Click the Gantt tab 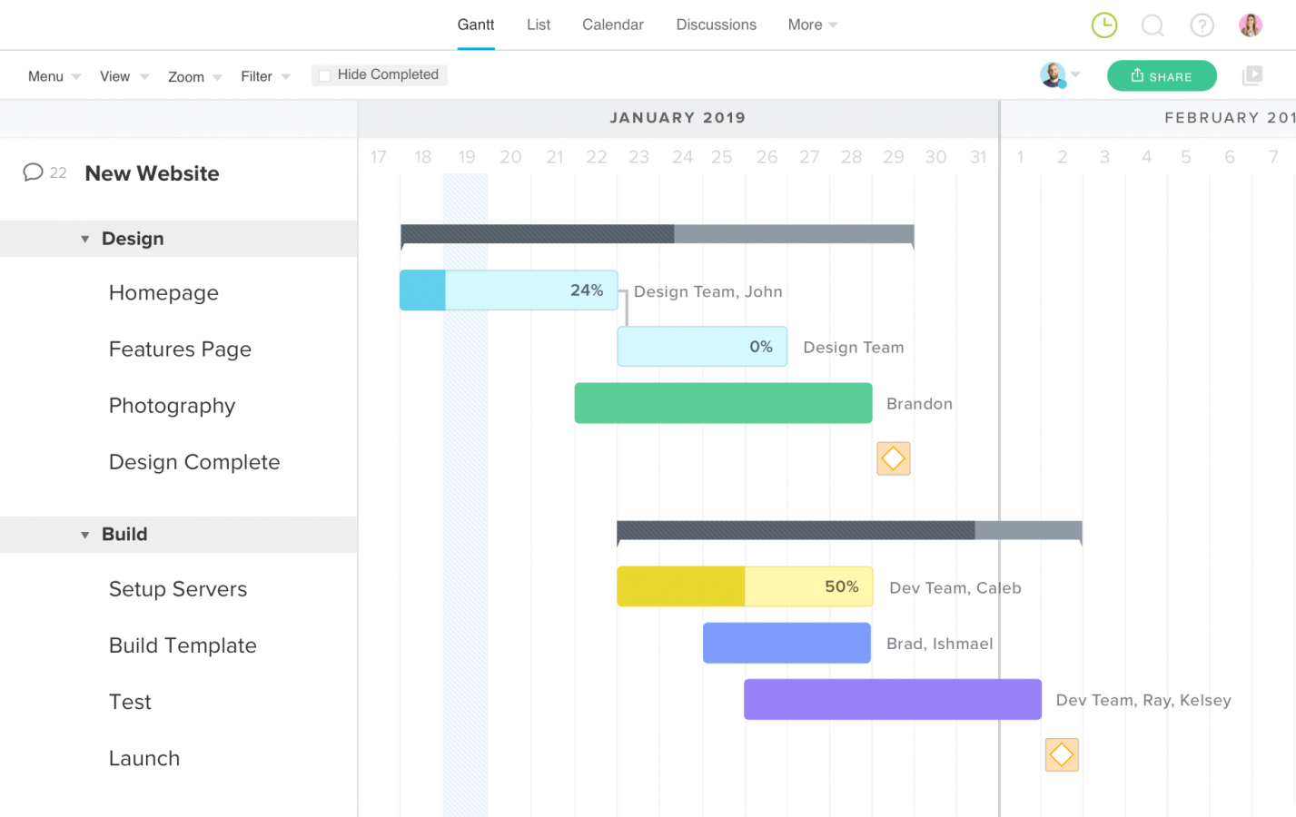[476, 25]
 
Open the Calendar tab [612, 25]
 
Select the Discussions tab [716, 25]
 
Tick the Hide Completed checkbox [324, 75]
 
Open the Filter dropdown [265, 76]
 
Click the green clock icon [1103, 25]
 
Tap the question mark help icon [1202, 25]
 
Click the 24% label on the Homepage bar [587, 290]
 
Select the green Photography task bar [723, 403]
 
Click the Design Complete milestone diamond [893, 459]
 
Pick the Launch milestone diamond [1061, 754]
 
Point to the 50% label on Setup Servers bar [841, 586]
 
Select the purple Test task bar [892, 699]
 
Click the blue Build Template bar [787, 643]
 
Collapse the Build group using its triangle [85, 535]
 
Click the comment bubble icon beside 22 [33, 172]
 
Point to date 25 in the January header [721, 157]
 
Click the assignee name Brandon [919, 404]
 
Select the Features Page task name [180, 349]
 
